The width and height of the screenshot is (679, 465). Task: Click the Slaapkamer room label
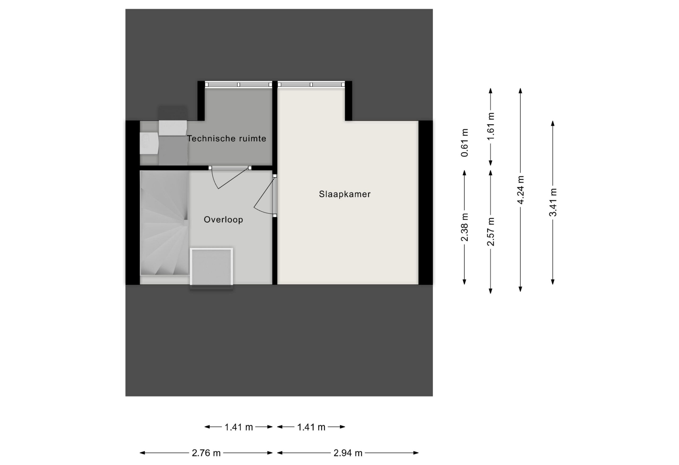(x=345, y=194)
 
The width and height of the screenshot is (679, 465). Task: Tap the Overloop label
(x=223, y=219)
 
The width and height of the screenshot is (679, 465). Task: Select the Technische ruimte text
(x=227, y=138)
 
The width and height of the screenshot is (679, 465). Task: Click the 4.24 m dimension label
(x=520, y=189)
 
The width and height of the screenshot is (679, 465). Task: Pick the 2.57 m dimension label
(x=491, y=232)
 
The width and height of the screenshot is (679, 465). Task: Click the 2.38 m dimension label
(x=464, y=227)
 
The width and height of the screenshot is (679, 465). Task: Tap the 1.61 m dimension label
(x=491, y=126)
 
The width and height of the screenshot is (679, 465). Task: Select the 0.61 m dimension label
(x=464, y=143)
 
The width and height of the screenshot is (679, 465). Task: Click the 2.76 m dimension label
(x=206, y=453)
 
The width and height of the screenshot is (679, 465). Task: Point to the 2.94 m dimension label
(x=348, y=453)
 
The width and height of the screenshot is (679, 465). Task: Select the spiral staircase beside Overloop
(x=164, y=223)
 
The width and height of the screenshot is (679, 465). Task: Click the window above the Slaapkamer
(x=311, y=84)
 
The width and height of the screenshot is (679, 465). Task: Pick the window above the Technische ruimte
(x=238, y=84)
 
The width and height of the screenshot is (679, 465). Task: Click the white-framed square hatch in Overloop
(x=212, y=267)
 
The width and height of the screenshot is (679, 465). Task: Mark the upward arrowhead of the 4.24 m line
(x=520, y=91)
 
